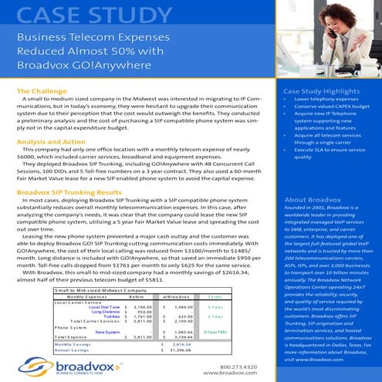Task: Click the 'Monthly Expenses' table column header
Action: pyautogui.click(x=87, y=296)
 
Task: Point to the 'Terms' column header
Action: pyautogui.click(x=215, y=296)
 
